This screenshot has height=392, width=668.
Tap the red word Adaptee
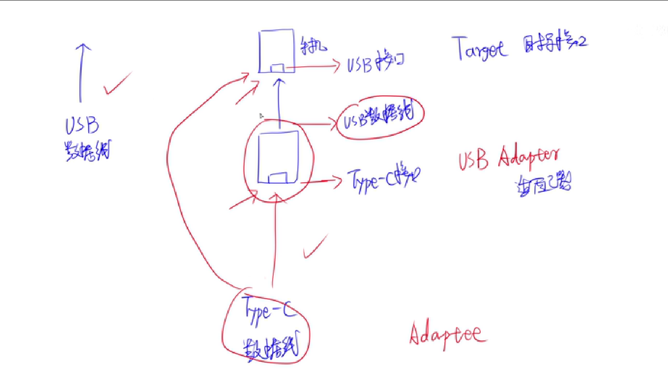(447, 334)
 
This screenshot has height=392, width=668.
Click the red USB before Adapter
(473, 160)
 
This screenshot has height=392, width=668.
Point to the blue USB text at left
(82, 125)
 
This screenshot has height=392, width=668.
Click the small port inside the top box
(277, 68)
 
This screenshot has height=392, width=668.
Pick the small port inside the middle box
(277, 178)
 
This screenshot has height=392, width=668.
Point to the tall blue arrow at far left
(81, 72)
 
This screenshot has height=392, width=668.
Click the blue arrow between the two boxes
(280, 103)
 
